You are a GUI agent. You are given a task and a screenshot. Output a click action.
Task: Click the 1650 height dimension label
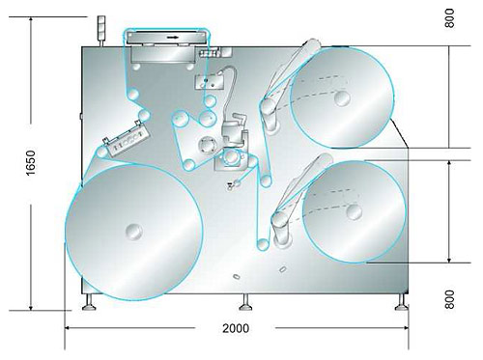pyautogui.click(x=31, y=163)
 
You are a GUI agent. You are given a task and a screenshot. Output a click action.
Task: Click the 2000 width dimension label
pyautogui.click(x=236, y=328)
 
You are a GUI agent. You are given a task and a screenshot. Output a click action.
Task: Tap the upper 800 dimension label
pyautogui.click(x=449, y=18)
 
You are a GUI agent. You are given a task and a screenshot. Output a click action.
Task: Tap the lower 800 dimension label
pyautogui.click(x=449, y=299)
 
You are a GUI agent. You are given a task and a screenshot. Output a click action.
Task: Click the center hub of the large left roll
pyautogui.click(x=134, y=232)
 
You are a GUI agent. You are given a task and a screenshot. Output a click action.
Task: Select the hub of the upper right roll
pyautogui.click(x=342, y=98)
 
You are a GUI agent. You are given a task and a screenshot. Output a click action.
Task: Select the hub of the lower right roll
pyautogui.click(x=355, y=212)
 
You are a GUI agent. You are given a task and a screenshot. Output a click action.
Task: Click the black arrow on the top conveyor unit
pyautogui.click(x=173, y=38)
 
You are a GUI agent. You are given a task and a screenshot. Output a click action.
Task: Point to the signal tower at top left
pyautogui.click(x=101, y=31)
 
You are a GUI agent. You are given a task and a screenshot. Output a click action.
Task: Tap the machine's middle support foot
pyautogui.click(x=245, y=303)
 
